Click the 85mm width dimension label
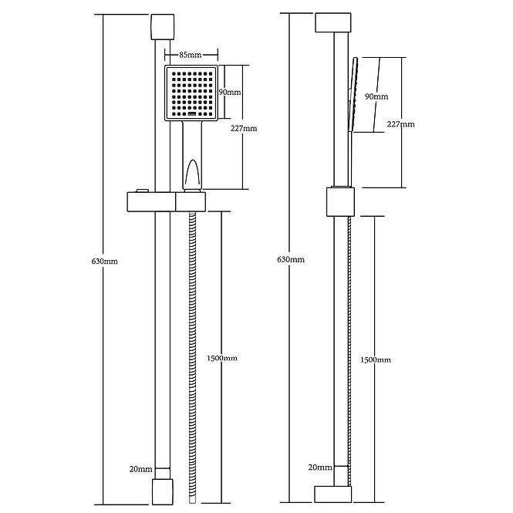pos(190,55)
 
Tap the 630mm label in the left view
pos(104,262)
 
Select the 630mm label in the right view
pos(291,260)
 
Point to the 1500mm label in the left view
pos(222,358)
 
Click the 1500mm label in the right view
pos(375,360)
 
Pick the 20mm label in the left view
pos(140,469)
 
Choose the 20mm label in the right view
pos(320,467)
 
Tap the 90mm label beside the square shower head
pos(230,93)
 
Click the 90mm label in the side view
pos(376,96)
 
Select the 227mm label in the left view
pos(244,129)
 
